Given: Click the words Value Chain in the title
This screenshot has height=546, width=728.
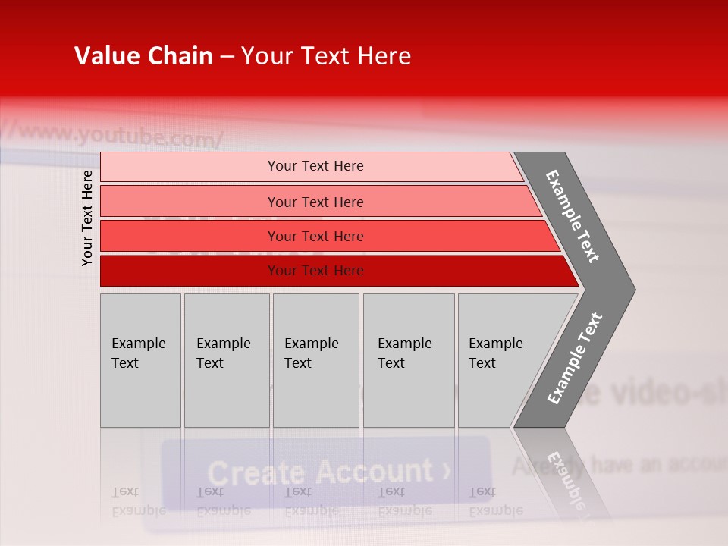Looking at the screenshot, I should click(143, 56).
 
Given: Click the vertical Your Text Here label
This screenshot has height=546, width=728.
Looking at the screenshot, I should click(87, 218).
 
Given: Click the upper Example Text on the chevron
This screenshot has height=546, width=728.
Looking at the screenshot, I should click(573, 216).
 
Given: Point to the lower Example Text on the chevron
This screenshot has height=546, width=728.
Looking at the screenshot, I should click(575, 359).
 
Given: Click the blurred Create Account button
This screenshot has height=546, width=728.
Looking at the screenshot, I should click(326, 472).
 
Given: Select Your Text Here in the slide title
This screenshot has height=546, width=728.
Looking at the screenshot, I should click(326, 56).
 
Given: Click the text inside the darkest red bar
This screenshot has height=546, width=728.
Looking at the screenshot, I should click(315, 271).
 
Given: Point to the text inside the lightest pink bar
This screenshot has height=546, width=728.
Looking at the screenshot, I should click(315, 166).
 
